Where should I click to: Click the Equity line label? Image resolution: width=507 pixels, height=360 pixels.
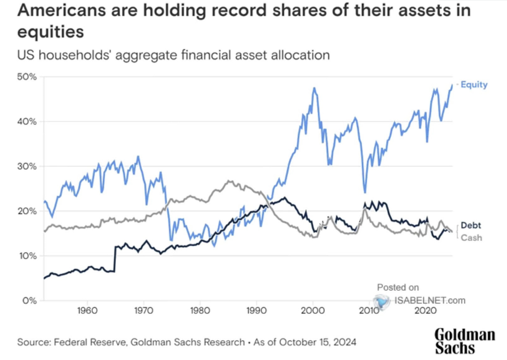(474, 84)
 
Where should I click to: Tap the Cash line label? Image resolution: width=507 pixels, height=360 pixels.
(471, 238)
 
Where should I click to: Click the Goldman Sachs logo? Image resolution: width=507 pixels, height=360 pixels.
(465, 340)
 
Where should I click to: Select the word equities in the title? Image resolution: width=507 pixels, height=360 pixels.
(50, 32)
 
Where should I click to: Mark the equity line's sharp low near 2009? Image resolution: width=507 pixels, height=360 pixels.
(365, 193)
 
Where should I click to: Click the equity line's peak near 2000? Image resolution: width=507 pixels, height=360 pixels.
(314, 88)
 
